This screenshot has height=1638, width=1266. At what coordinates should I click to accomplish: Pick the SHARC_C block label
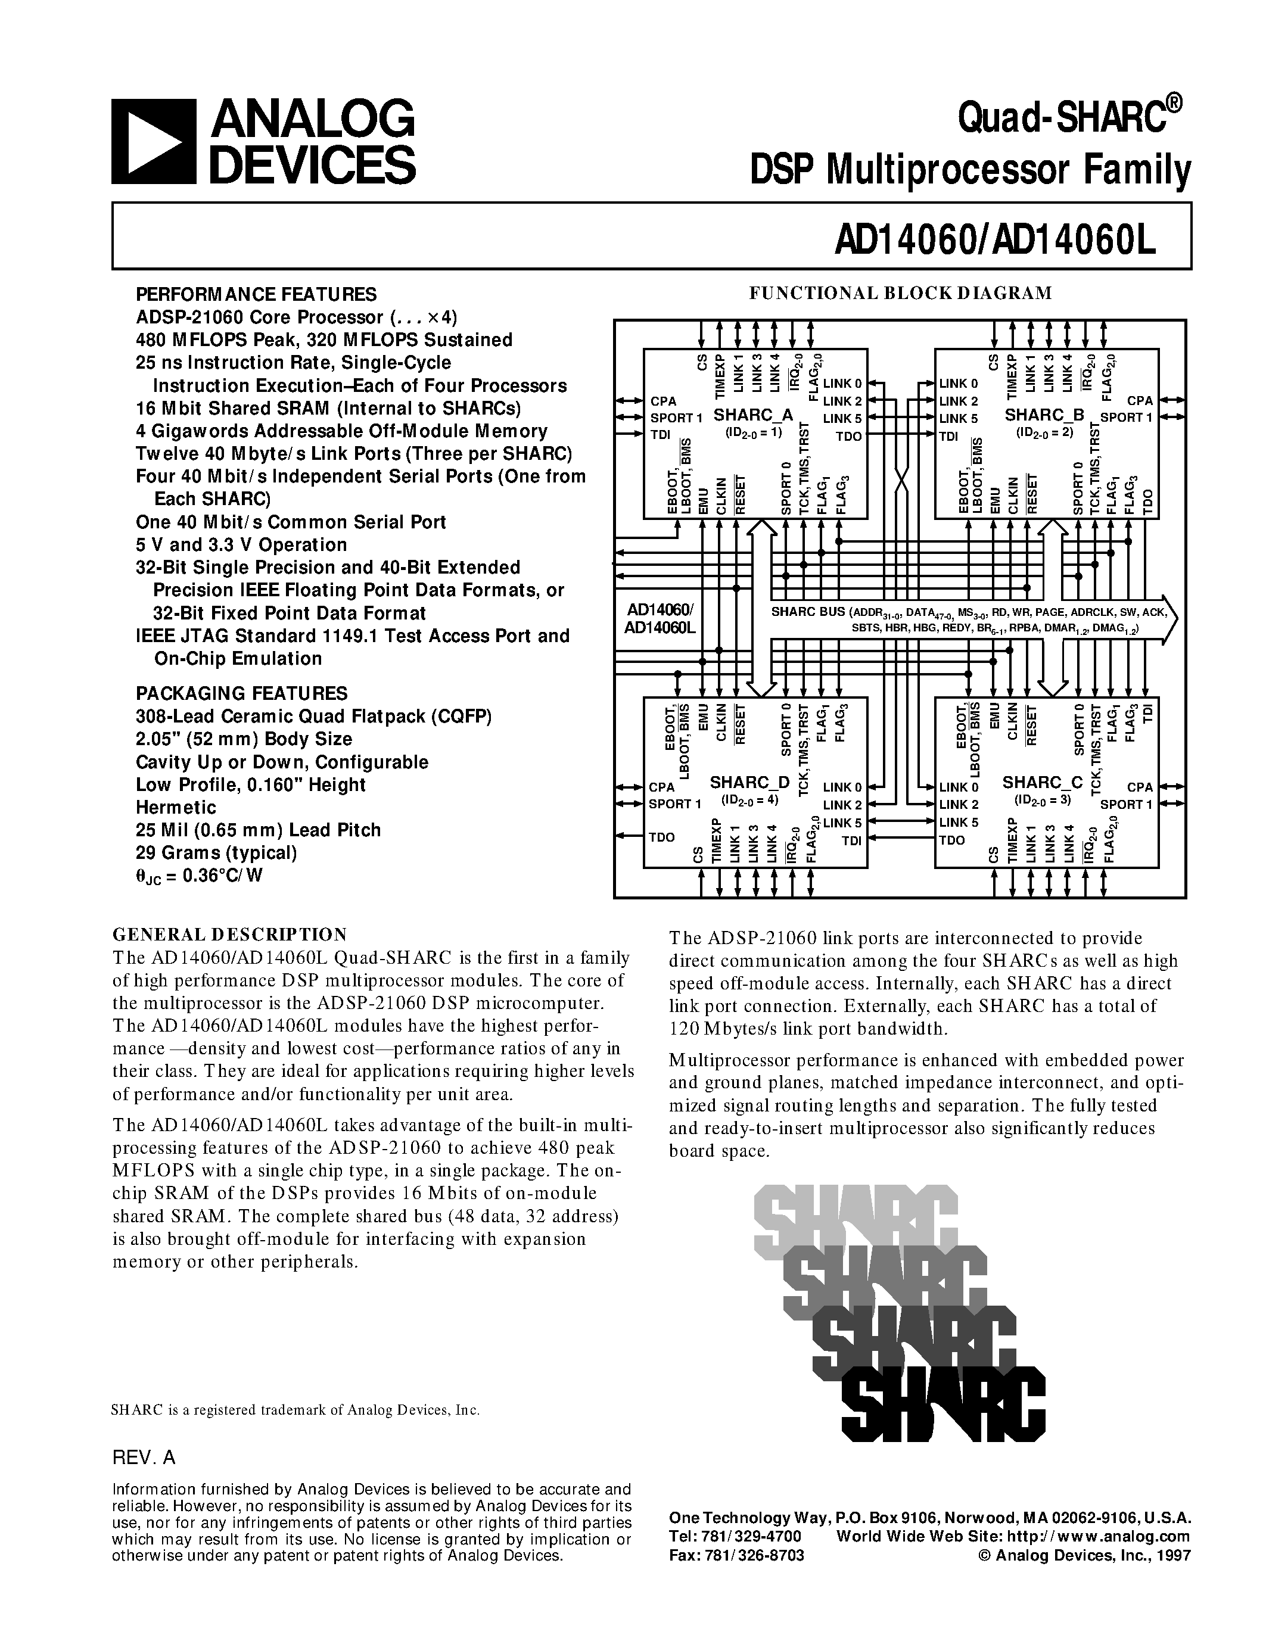tap(1043, 782)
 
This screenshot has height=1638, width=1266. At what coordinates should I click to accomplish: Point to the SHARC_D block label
tap(749, 782)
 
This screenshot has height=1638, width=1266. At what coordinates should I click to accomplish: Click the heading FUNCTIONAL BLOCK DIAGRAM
tap(901, 293)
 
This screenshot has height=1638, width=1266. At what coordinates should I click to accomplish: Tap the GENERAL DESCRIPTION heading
tap(229, 934)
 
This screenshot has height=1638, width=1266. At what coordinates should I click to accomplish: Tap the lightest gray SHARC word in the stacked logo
tap(855, 1219)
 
